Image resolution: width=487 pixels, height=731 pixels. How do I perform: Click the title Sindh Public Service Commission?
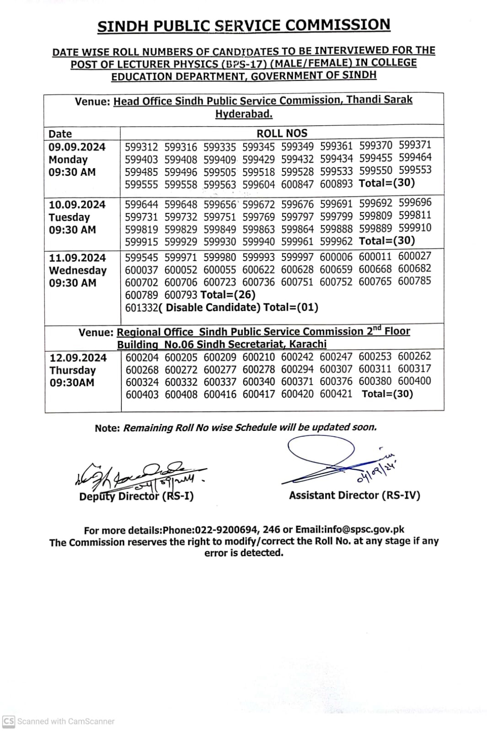click(x=244, y=26)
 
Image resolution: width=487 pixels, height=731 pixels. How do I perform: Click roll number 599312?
click(x=141, y=147)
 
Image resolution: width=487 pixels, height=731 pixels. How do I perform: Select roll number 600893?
click(x=336, y=184)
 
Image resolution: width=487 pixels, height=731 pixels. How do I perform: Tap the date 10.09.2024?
click(x=77, y=205)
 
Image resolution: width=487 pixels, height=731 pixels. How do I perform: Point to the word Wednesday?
click(x=78, y=270)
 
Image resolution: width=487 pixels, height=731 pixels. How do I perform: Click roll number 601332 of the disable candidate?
click(x=141, y=307)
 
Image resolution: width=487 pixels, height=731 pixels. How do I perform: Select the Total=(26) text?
click(x=228, y=295)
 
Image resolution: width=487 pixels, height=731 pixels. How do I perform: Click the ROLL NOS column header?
click(x=282, y=133)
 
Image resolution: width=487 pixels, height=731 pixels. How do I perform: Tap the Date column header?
click(x=60, y=134)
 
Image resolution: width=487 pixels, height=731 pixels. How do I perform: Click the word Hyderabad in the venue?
click(x=244, y=114)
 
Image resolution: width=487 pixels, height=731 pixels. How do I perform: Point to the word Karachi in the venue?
click(x=308, y=344)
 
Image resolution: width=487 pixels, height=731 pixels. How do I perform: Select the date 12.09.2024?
click(x=78, y=358)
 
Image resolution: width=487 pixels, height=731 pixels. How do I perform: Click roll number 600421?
click(x=336, y=394)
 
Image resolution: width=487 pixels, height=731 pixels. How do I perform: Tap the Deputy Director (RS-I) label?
click(x=136, y=496)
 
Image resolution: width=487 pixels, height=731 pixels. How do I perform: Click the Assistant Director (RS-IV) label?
click(x=354, y=495)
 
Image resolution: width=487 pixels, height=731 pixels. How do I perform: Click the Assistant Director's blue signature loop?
click(x=320, y=450)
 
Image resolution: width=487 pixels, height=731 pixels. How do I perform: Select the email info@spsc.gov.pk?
click(x=364, y=530)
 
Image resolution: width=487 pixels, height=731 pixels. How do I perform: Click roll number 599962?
click(x=336, y=241)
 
